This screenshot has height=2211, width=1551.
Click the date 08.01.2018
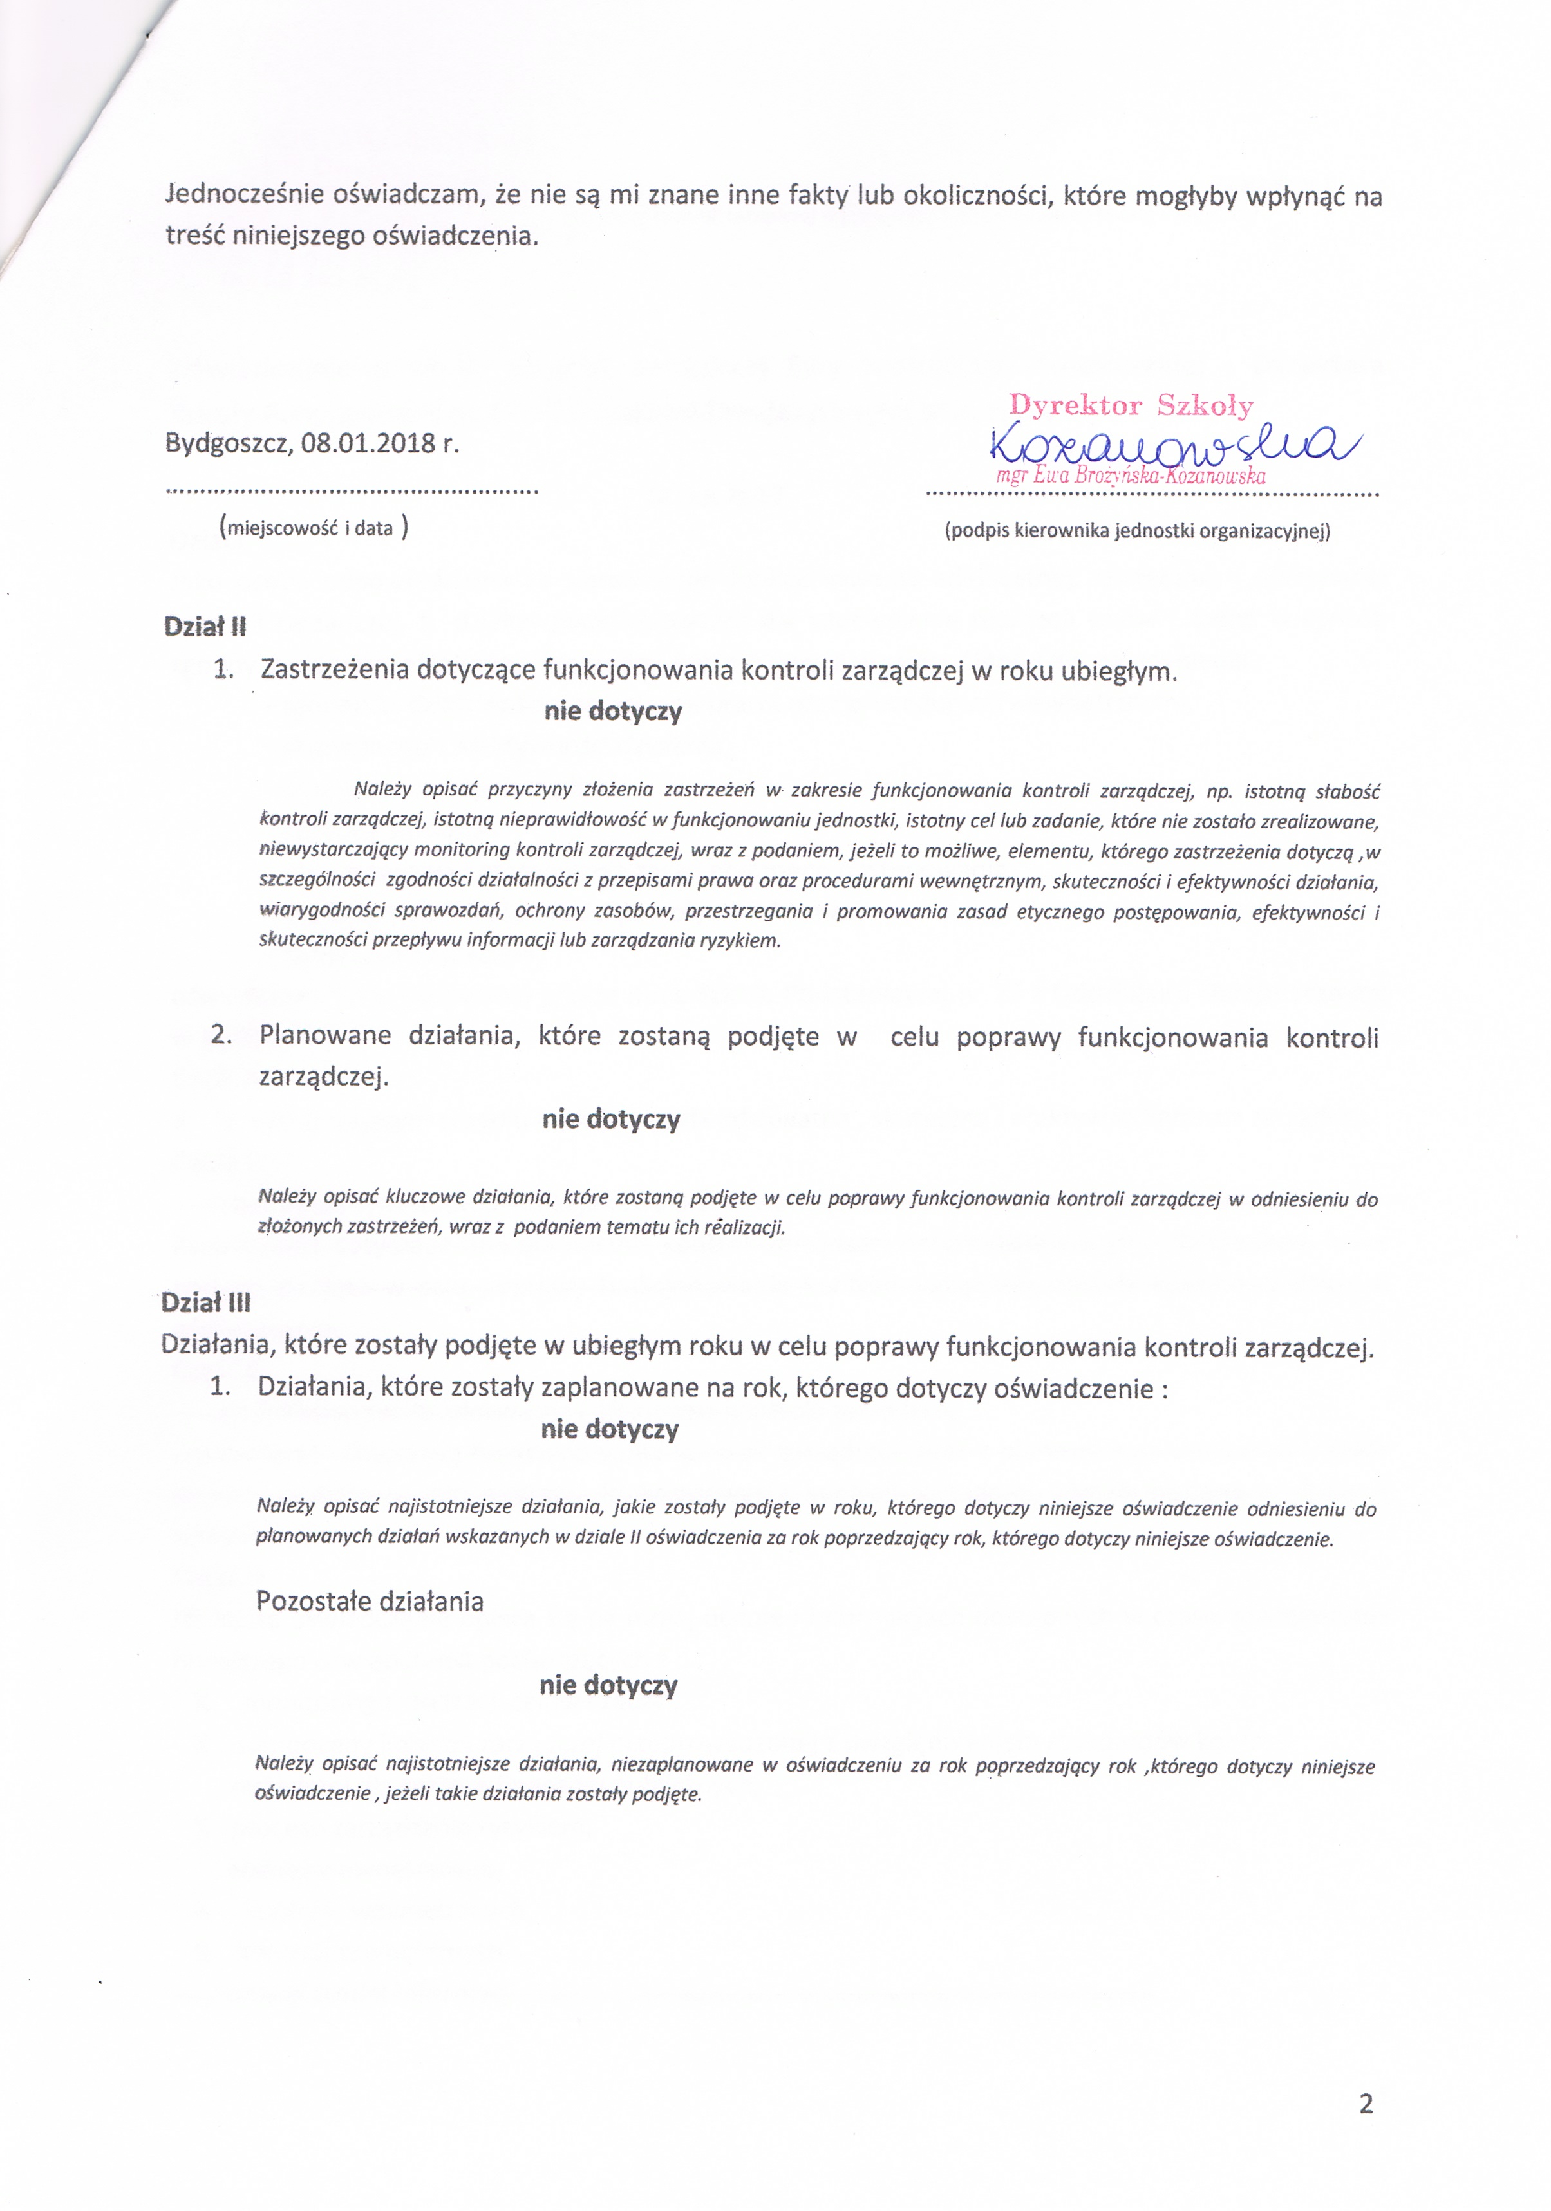point(368,444)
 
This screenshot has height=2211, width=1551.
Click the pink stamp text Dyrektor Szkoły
point(1131,405)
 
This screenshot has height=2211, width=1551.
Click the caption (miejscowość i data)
point(313,528)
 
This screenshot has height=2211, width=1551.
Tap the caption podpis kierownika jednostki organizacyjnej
point(1137,531)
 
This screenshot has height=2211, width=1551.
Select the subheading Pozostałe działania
point(369,1602)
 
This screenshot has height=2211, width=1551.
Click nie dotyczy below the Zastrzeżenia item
point(613,712)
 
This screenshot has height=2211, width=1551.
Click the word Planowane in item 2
point(324,1036)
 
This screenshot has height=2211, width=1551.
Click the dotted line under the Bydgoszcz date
point(352,491)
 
